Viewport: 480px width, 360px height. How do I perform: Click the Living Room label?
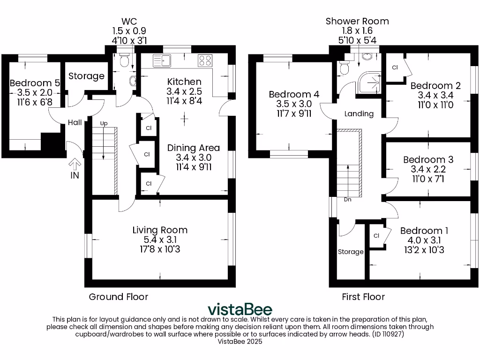point(160,230)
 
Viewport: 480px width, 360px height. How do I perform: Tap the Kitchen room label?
point(184,82)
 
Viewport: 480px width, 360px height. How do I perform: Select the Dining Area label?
point(194,148)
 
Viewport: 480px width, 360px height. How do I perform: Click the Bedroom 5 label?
point(35,83)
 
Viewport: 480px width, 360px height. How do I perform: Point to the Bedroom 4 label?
point(294,94)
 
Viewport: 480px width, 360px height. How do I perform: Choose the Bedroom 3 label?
point(428,160)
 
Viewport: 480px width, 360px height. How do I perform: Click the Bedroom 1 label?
point(424,231)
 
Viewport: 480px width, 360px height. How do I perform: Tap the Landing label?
point(359,113)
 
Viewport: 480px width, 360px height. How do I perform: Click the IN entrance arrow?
point(75,165)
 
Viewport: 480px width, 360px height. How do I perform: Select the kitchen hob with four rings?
point(205,60)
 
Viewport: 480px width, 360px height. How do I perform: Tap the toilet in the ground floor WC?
point(124,61)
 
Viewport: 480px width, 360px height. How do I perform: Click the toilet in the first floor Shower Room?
point(345,68)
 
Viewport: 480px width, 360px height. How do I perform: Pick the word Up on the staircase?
point(104,123)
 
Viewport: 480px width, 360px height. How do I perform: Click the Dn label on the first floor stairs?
point(348,199)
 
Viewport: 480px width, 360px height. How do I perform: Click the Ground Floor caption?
point(119,297)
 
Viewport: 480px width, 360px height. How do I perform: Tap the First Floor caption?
point(364,297)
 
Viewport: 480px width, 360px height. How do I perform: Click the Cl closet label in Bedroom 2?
point(395,67)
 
